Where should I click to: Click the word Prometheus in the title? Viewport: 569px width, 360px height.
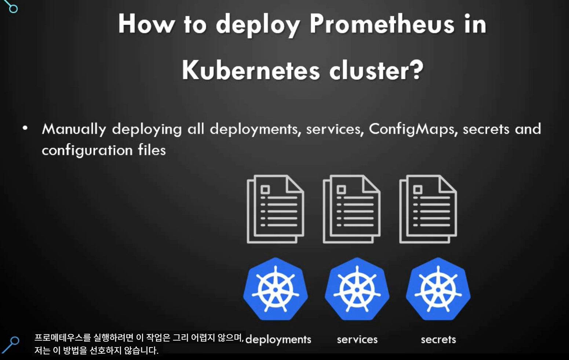(382, 24)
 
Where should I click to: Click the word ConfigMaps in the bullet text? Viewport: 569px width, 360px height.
(411, 129)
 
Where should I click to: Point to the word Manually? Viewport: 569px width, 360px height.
(74, 129)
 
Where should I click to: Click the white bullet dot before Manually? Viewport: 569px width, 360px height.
(25, 128)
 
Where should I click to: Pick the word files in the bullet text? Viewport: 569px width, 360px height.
(152, 150)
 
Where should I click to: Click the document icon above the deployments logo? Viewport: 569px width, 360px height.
(275, 209)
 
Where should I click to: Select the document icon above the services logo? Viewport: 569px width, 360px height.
(351, 209)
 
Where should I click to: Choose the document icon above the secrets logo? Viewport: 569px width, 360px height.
(428, 209)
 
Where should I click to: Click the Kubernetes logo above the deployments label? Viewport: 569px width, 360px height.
(276, 289)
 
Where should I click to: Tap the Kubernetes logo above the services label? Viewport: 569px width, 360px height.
(357, 289)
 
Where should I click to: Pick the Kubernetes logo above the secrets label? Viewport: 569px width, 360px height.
(438, 289)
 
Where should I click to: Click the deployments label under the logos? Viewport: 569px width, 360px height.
(278, 339)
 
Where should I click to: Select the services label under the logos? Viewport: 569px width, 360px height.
(357, 339)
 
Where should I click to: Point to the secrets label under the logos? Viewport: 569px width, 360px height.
(438, 339)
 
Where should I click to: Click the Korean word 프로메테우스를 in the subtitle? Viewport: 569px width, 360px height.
(62, 338)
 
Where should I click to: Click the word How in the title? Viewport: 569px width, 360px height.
(146, 24)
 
